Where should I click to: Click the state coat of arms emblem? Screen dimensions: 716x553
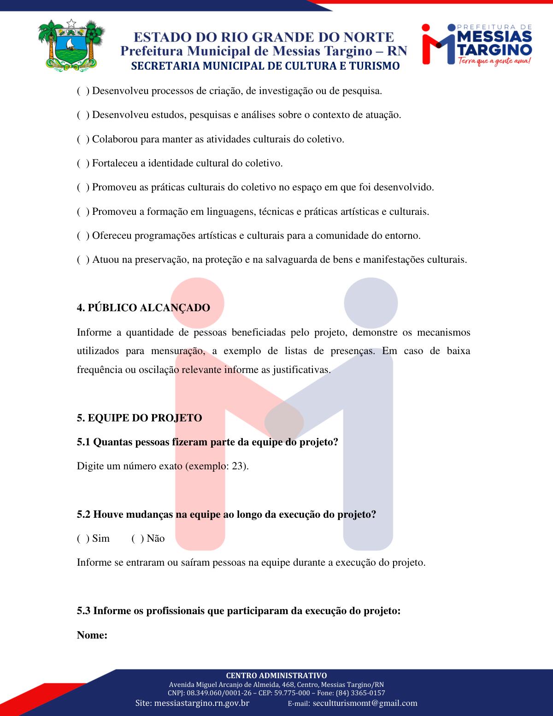71,45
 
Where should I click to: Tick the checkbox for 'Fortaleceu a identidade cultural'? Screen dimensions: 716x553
83,163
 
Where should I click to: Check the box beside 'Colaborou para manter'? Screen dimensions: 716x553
83,139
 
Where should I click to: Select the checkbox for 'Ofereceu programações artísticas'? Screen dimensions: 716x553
83,236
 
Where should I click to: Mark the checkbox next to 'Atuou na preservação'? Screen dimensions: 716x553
83,260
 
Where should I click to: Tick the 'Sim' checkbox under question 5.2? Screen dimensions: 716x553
83,538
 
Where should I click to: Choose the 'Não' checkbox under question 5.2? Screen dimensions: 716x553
137,538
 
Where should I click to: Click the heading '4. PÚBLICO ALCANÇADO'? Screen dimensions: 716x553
143,308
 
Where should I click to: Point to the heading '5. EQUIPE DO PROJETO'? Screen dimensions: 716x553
139,418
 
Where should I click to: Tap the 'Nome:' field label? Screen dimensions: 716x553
92,635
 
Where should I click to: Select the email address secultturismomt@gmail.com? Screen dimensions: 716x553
365,703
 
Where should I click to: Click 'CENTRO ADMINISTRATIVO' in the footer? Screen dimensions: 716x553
276,675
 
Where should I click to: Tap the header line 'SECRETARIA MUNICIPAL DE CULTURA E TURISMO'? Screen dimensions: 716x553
265,66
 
